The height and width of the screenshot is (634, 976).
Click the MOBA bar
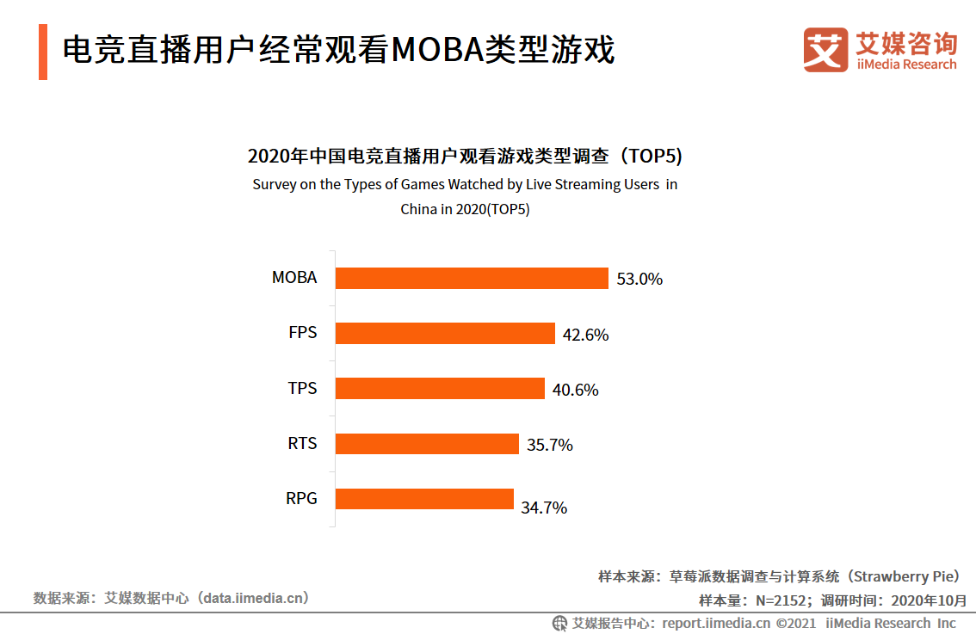click(x=472, y=278)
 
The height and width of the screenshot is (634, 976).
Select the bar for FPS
click(x=445, y=334)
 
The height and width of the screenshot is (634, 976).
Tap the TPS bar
click(x=440, y=389)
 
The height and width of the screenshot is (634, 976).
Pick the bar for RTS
click(x=427, y=444)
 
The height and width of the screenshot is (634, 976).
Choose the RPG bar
click(x=424, y=499)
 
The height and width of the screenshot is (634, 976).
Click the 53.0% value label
click(x=639, y=280)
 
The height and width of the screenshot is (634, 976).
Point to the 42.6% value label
click(x=585, y=335)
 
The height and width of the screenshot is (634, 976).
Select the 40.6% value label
click(x=575, y=391)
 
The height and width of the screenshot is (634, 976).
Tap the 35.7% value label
click(x=549, y=446)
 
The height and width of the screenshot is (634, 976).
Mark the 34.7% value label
click(x=544, y=508)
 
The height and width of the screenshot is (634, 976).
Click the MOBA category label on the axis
click(x=294, y=278)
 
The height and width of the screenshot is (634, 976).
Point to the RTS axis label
click(x=302, y=444)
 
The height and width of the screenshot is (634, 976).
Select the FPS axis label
click(x=302, y=333)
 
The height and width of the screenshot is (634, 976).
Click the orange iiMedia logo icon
click(x=825, y=50)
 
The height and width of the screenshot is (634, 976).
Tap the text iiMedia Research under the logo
click(x=906, y=65)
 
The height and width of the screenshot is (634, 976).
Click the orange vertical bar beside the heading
click(x=43, y=52)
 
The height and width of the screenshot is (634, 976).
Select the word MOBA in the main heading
click(x=436, y=51)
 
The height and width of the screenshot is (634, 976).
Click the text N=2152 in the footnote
click(x=782, y=600)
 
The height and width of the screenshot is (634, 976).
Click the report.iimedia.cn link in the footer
click(x=717, y=623)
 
